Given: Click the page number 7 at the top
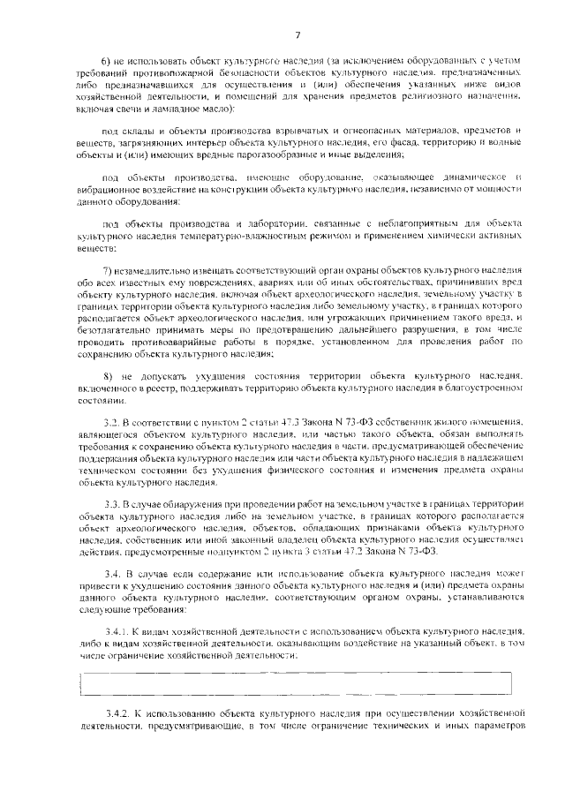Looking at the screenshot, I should coord(298,34).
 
